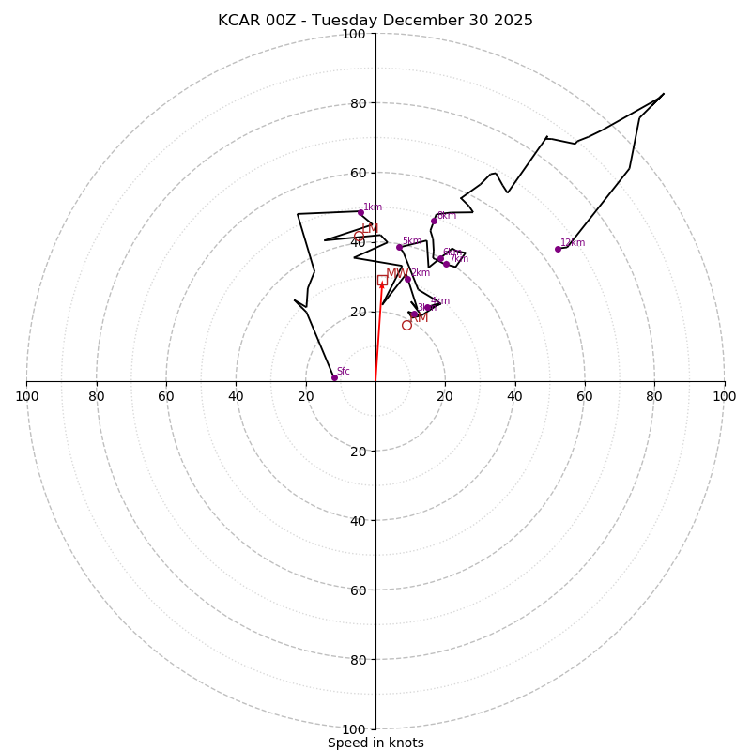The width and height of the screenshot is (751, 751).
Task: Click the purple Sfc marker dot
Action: coord(334,377)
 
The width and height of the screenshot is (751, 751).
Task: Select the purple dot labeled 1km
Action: coord(360,212)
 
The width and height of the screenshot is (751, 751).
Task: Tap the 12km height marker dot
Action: coord(558,249)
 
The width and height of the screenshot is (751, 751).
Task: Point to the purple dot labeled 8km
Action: coord(434,221)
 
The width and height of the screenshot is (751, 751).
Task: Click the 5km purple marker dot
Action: coord(399,247)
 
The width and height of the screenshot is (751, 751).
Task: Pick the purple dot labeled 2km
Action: coord(407,279)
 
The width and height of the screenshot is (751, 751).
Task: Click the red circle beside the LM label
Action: coord(359,237)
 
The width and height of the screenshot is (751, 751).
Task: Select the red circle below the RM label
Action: coord(406,326)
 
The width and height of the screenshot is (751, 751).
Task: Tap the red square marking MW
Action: coord(382,280)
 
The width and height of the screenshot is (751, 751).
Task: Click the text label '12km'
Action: coord(573,243)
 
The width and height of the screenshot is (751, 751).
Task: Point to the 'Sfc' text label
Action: coord(344,372)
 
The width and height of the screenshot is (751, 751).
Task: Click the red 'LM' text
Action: coord(370,229)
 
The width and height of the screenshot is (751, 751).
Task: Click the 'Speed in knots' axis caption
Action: coord(375,743)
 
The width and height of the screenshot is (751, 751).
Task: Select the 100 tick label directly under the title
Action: coord(354,35)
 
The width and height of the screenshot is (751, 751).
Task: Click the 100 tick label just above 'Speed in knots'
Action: coord(354,729)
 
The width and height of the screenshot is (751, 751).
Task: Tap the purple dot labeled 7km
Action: coord(446,264)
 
